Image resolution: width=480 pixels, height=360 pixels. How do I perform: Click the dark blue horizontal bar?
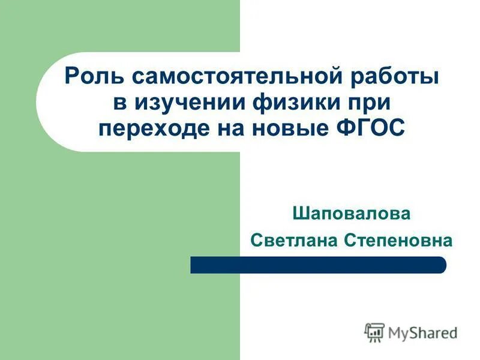318,265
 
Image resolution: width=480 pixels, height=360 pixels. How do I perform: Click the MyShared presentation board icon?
374,332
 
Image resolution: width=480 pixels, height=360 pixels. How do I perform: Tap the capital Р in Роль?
70,77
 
